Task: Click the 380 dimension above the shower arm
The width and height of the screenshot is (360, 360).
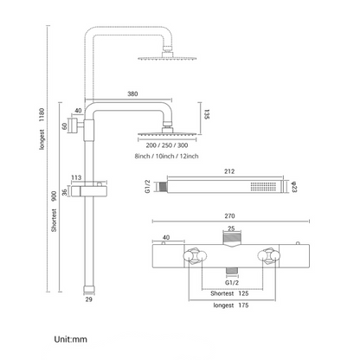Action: click(132, 93)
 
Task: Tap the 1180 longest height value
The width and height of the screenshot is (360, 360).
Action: click(42, 114)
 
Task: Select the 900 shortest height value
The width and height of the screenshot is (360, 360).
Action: click(54, 196)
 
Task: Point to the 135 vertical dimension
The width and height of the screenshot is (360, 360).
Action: click(207, 114)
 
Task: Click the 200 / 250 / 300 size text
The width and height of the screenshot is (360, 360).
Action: click(167, 145)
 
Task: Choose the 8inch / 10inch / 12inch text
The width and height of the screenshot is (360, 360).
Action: click(167, 156)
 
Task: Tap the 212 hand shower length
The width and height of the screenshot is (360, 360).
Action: click(229, 171)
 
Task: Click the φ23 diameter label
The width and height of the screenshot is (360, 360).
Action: click(294, 187)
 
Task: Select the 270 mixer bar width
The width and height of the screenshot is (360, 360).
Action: click(229, 215)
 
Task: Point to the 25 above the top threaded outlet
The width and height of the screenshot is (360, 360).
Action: click(231, 228)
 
